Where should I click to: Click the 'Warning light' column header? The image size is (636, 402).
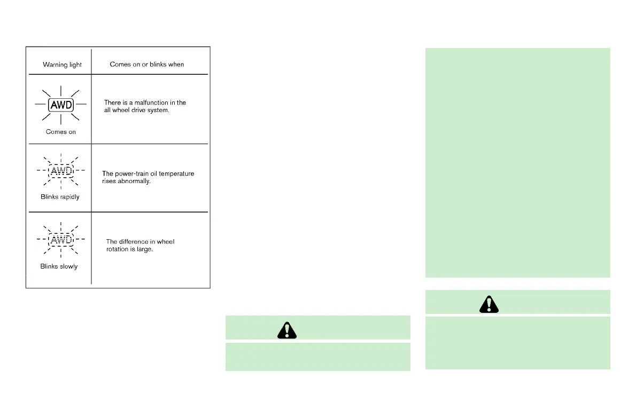(x=62, y=65)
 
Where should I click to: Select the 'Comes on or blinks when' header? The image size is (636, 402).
(x=147, y=64)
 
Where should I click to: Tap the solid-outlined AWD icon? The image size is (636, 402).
(x=61, y=105)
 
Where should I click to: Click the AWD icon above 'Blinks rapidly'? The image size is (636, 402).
(x=61, y=171)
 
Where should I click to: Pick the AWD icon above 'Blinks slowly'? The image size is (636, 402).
(x=61, y=239)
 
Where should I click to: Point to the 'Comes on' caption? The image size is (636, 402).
(x=61, y=132)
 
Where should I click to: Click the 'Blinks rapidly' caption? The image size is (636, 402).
(x=60, y=197)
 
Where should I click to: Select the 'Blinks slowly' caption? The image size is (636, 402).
(x=59, y=266)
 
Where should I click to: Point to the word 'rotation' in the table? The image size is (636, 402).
(x=117, y=249)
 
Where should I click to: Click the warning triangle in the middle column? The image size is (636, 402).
(x=286, y=330)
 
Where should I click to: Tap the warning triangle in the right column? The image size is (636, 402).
(x=488, y=304)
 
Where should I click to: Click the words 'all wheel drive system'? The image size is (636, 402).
(x=137, y=110)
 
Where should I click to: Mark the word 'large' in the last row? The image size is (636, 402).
(x=145, y=249)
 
